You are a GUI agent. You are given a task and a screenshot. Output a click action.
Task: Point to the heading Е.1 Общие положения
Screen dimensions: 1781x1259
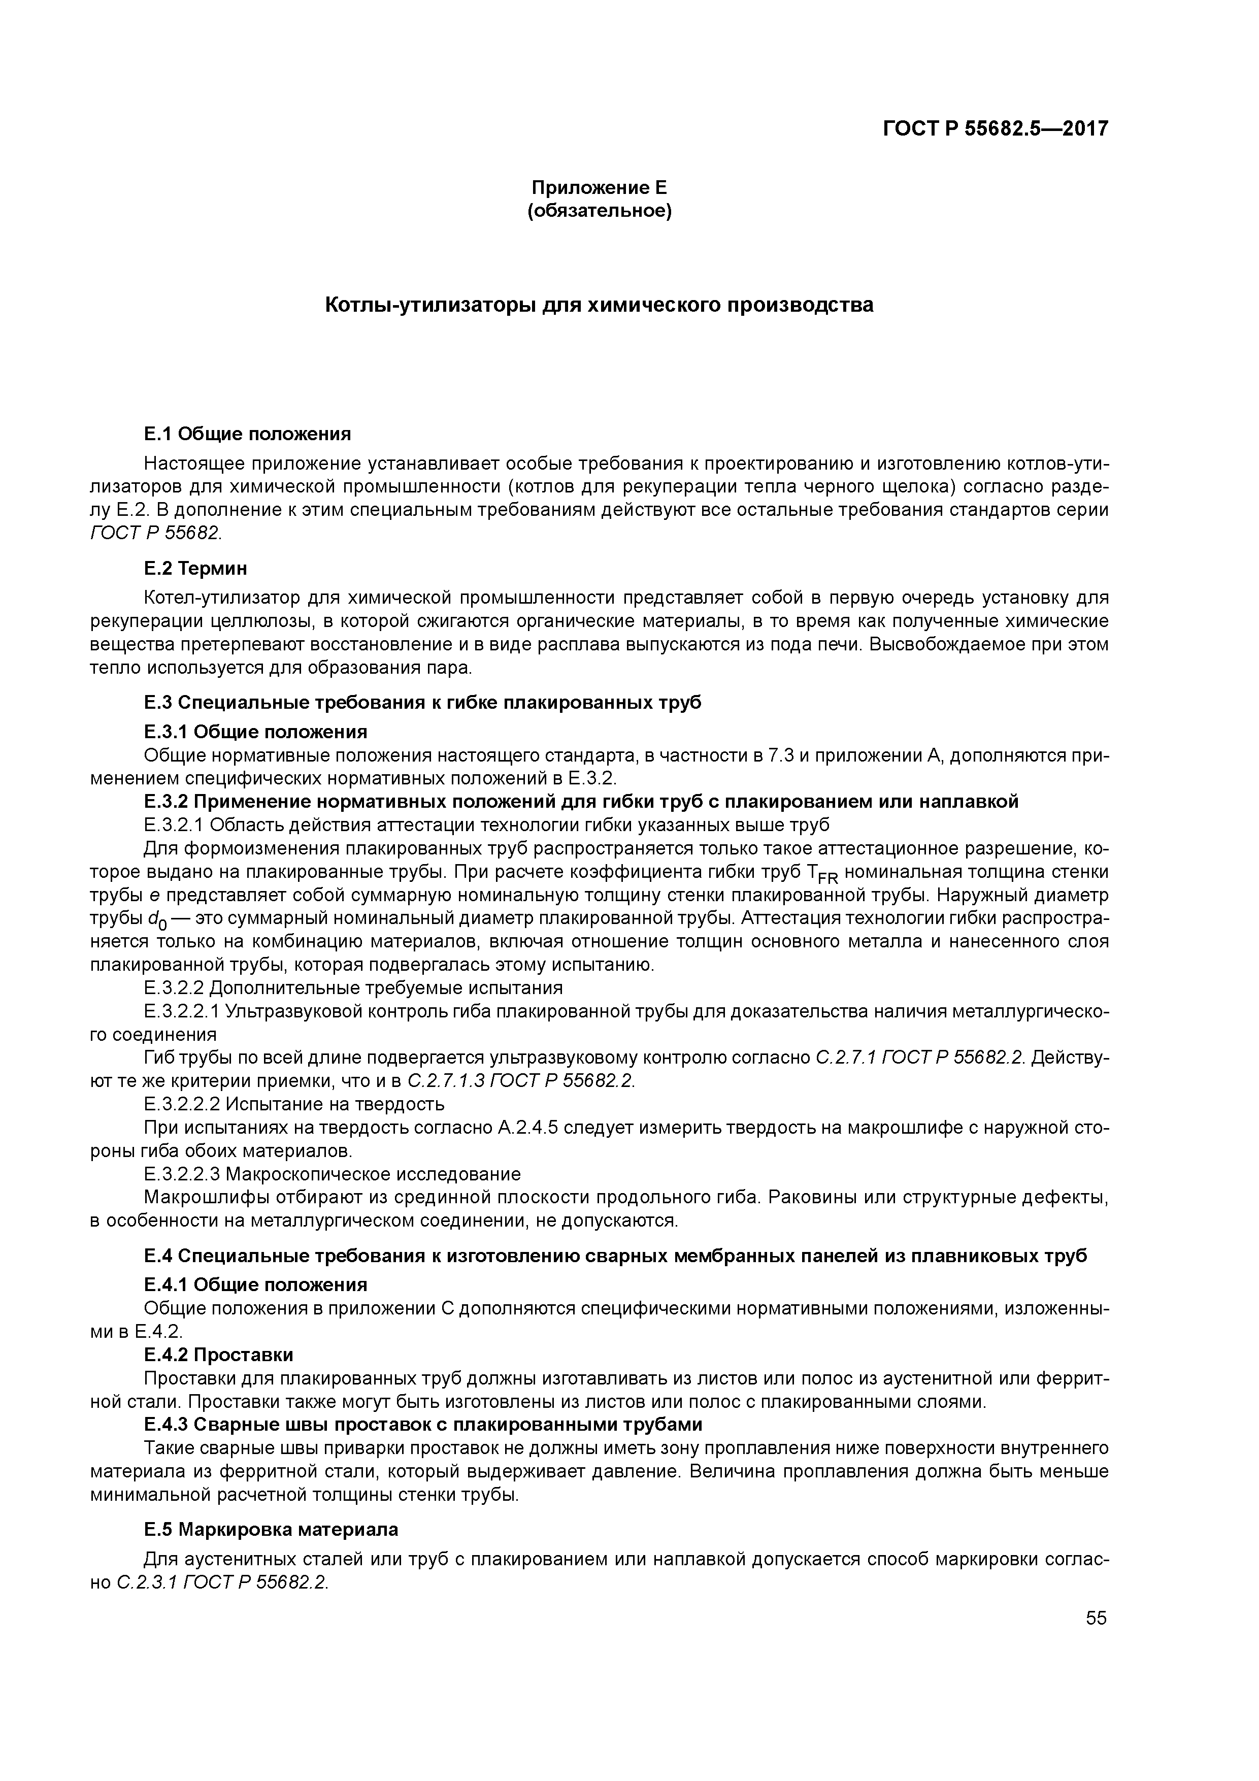tap(247, 433)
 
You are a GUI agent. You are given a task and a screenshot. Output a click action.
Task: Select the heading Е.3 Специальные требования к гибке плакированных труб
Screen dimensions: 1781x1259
tap(423, 702)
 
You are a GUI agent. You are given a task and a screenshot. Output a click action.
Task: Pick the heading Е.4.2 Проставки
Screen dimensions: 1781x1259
tap(219, 1355)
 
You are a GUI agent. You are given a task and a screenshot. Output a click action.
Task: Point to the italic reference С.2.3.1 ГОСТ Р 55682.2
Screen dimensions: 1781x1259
tap(223, 1582)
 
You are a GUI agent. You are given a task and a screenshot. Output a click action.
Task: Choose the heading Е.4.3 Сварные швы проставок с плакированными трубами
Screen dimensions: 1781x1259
tap(423, 1424)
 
